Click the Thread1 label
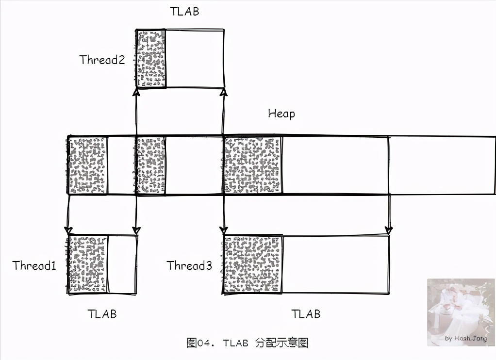click(x=34, y=265)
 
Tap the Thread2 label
click(x=102, y=60)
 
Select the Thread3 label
click(x=189, y=265)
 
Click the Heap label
click(x=281, y=114)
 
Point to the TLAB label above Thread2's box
click(x=184, y=11)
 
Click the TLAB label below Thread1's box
click(x=102, y=313)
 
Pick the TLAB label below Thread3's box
click(x=306, y=313)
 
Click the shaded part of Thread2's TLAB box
click(x=151, y=59)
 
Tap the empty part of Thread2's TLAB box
click(x=195, y=59)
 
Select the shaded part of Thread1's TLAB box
click(x=87, y=264)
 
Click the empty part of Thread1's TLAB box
click(x=122, y=264)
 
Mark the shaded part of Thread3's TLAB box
click(x=253, y=264)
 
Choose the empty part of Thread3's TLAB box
click(x=336, y=264)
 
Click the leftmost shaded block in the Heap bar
click(x=87, y=165)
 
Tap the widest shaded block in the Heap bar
click(x=253, y=165)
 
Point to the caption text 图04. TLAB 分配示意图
click(x=248, y=343)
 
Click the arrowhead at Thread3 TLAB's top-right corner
click(x=389, y=229)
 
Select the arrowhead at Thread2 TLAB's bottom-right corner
click(x=223, y=92)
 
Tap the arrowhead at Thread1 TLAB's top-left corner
click(x=68, y=229)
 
